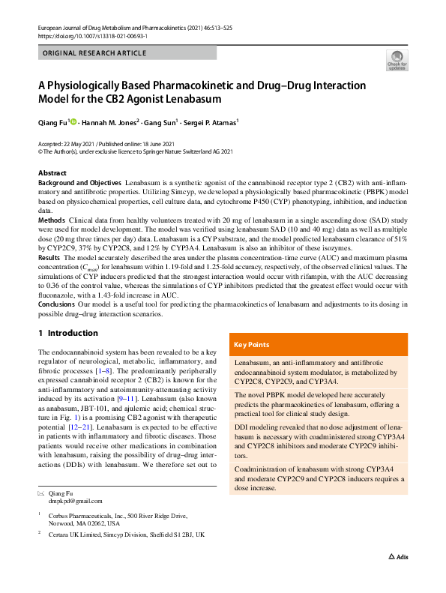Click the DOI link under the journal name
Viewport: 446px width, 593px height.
click(92, 35)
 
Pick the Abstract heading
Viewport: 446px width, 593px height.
click(52, 173)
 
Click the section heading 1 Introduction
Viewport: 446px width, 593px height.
click(68, 333)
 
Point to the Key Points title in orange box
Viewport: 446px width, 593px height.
click(252, 345)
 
